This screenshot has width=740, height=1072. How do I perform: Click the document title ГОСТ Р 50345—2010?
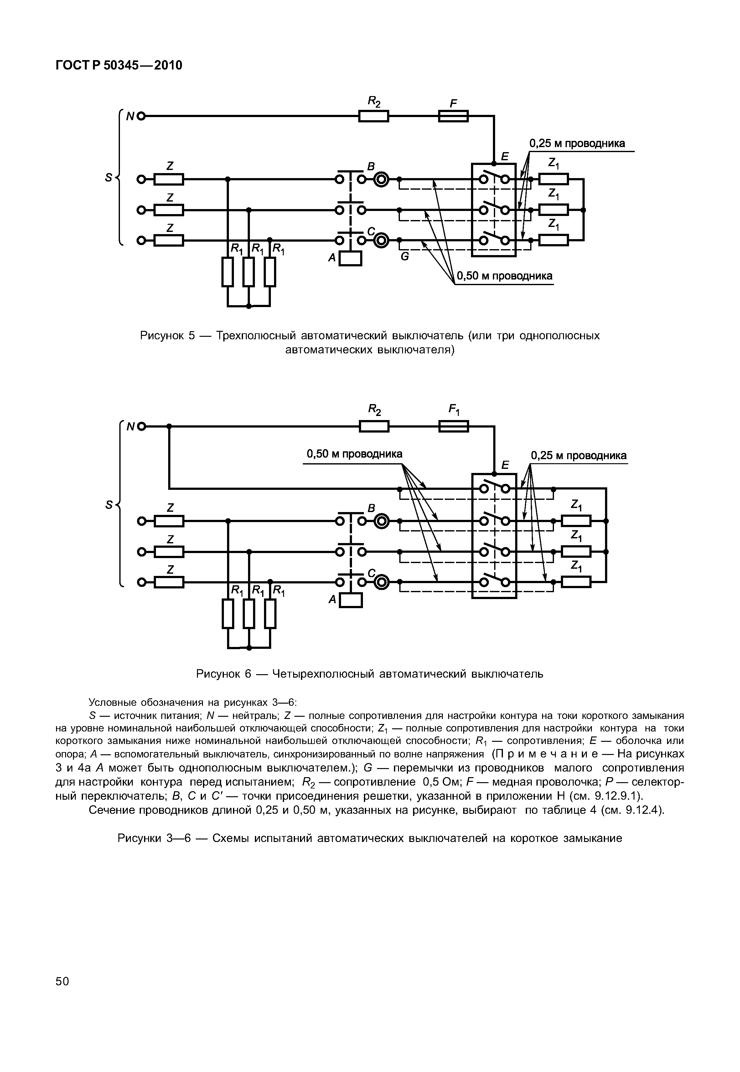coord(119,65)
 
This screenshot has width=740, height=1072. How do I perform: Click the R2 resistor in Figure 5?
coord(373,116)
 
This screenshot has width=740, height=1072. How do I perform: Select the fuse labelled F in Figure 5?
coord(453,116)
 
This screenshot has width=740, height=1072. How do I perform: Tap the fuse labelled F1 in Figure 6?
coord(453,426)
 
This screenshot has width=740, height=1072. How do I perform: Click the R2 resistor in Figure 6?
coord(374,426)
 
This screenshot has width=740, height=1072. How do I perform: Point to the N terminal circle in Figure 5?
coord(141,116)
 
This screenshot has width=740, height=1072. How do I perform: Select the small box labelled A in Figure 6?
coord(351,600)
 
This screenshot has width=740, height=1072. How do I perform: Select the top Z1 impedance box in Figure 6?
coord(576,521)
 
